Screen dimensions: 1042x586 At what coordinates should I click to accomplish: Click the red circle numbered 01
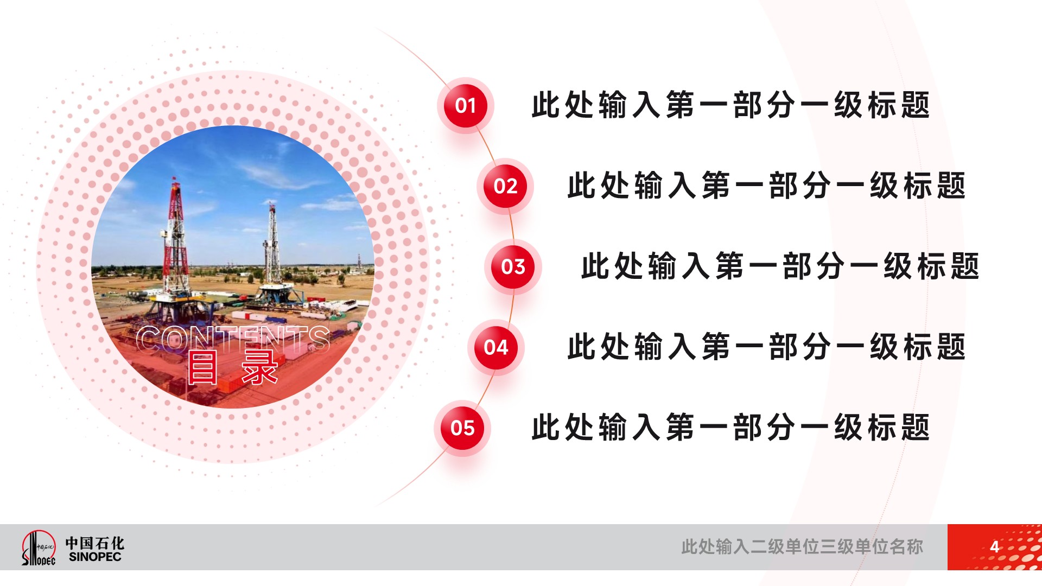pyautogui.click(x=466, y=105)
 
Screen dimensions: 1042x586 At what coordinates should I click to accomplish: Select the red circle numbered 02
pyautogui.click(x=505, y=186)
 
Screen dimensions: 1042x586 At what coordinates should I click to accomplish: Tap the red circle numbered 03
pyautogui.click(x=513, y=266)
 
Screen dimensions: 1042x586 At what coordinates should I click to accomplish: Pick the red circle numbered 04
pyautogui.click(x=496, y=347)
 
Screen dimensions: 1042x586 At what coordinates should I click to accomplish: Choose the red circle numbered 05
pyautogui.click(x=462, y=428)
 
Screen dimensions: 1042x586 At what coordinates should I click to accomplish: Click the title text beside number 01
pyautogui.click(x=730, y=105)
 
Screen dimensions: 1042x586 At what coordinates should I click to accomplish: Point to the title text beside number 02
pyautogui.click(x=766, y=186)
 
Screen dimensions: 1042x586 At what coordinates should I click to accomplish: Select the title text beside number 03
pyautogui.click(x=780, y=266)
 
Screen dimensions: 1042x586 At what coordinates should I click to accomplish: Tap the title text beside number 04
pyautogui.click(x=766, y=347)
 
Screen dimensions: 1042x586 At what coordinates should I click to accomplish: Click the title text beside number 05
pyautogui.click(x=730, y=428)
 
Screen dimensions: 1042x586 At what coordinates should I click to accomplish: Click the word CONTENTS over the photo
pyautogui.click(x=233, y=340)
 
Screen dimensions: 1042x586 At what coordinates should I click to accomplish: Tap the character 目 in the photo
pyautogui.click(x=202, y=368)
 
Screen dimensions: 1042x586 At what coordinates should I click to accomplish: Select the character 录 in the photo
pyautogui.click(x=260, y=368)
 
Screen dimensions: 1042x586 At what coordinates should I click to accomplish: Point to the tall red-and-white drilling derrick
pyautogui.click(x=175, y=239)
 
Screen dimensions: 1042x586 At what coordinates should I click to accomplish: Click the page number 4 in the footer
pyautogui.click(x=994, y=546)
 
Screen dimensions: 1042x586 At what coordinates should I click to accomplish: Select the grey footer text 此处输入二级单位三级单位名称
pyautogui.click(x=802, y=546)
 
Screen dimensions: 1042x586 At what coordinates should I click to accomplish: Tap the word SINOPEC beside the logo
pyautogui.click(x=95, y=557)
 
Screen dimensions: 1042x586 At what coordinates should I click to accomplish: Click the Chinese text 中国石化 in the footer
pyautogui.click(x=95, y=543)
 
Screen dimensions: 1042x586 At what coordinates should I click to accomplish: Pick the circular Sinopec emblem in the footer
pyautogui.click(x=38, y=547)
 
